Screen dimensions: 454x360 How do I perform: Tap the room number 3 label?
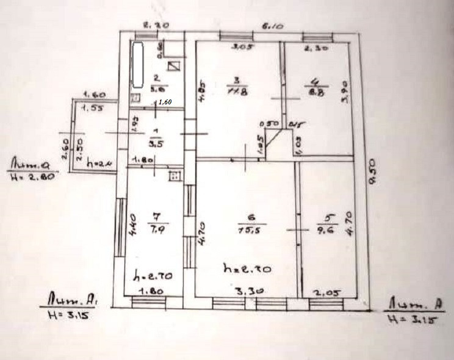click(x=235, y=79)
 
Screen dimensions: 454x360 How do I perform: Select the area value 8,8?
click(x=315, y=93)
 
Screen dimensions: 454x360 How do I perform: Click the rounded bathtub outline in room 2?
click(x=138, y=64)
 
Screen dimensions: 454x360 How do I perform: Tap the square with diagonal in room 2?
click(x=175, y=67)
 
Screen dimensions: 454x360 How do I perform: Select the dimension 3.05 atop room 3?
click(x=245, y=46)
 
